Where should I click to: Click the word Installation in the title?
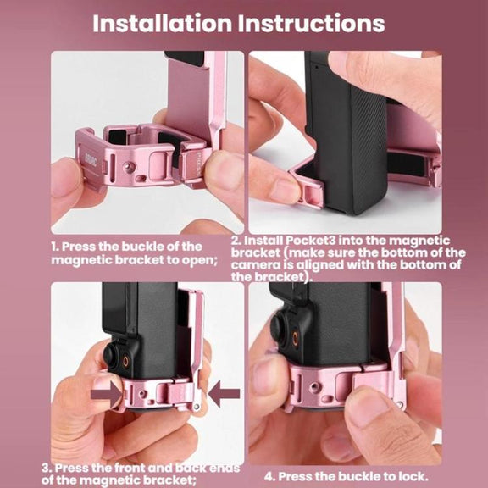tap(163, 24)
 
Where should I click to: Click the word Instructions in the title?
tap(312, 24)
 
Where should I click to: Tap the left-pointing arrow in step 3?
tap(224, 393)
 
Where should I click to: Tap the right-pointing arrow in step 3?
tap(107, 395)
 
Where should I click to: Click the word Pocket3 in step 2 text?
tap(311, 241)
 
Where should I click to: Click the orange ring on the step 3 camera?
tap(125, 361)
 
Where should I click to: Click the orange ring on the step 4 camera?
tap(295, 337)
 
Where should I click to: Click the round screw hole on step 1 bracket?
tap(127, 167)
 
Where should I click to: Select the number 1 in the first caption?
tap(55, 247)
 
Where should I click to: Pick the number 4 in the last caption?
tap(269, 476)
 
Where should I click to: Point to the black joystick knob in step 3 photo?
tap(111, 355)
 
